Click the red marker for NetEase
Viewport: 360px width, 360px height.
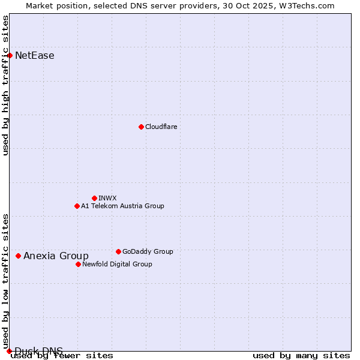[10, 56]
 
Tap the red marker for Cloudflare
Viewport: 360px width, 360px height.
[141, 127]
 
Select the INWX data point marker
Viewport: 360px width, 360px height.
[94, 198]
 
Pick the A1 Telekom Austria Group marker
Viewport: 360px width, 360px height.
[77, 206]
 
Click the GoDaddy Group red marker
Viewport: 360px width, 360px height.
[118, 251]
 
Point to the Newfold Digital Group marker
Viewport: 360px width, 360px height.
[78, 264]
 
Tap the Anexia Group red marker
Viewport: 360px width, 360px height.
[18, 256]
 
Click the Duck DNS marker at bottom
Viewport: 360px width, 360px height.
[9, 351]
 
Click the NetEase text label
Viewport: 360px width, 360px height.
[35, 56]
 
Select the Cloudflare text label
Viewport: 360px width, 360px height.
[161, 127]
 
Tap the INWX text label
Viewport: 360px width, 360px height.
[107, 198]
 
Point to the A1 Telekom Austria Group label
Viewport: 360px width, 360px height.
[122, 206]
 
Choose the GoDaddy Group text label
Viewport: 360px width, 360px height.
[148, 251]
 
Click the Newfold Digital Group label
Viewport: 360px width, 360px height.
[117, 264]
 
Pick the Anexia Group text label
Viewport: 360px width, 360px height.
[56, 256]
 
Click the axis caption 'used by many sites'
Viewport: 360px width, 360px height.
[301, 356]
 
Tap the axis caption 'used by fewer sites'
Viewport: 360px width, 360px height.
[62, 356]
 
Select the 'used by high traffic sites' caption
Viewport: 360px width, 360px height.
[6, 85]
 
